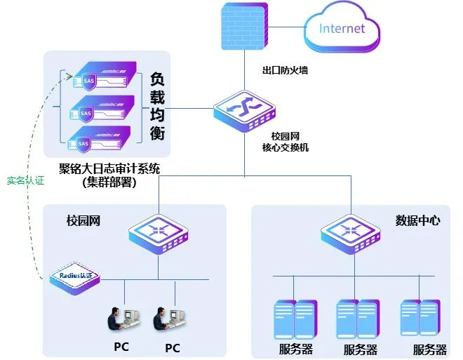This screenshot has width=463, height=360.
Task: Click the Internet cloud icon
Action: point(342,28)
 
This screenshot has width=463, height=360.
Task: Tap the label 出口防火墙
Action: point(284,70)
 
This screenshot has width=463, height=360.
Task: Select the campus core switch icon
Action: point(245,108)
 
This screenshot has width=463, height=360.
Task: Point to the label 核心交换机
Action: point(285,147)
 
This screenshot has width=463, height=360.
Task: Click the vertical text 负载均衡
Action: point(158,105)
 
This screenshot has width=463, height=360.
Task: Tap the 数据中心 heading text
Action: point(418,220)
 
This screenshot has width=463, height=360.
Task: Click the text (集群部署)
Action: point(109,182)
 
